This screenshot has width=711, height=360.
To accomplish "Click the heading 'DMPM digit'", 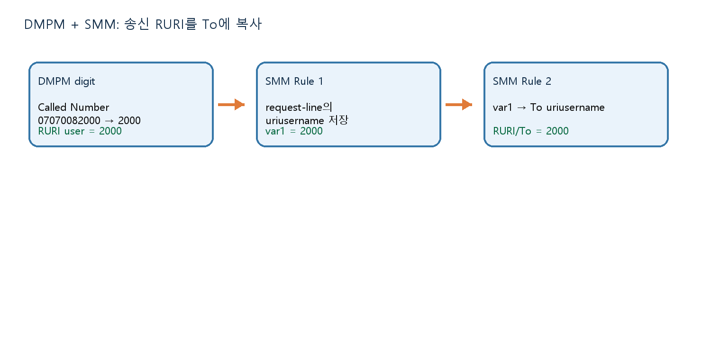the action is (66, 81).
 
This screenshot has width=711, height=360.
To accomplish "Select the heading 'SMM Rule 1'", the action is (294, 81).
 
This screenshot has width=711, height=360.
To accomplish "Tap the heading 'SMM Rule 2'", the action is (522, 81).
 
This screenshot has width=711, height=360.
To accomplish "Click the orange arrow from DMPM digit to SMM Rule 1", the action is (231, 104).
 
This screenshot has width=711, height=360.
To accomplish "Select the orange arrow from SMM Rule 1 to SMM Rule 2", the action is (459, 104).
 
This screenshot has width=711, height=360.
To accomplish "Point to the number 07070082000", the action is (69, 120).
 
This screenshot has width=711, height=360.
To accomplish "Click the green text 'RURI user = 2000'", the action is (80, 131).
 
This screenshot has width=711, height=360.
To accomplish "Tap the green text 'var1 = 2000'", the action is (294, 131).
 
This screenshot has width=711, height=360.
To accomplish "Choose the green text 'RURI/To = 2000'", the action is (531, 131).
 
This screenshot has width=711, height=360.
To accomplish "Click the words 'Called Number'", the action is (73, 107).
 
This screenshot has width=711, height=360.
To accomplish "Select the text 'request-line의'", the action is (299, 108).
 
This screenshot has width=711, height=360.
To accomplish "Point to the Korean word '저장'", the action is (338, 120).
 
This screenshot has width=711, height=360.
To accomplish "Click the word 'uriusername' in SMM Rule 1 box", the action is (294, 121).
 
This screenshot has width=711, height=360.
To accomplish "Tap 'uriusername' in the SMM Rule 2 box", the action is (575, 108).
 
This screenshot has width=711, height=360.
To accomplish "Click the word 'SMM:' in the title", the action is (101, 25).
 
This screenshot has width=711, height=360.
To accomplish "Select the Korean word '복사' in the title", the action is (249, 24).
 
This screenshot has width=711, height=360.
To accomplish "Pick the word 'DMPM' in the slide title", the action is (45, 25).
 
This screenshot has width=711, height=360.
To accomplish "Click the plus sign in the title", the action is (74, 25).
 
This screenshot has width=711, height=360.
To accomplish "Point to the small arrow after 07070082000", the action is (109, 121).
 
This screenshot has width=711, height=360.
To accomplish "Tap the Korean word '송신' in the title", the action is (137, 24).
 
